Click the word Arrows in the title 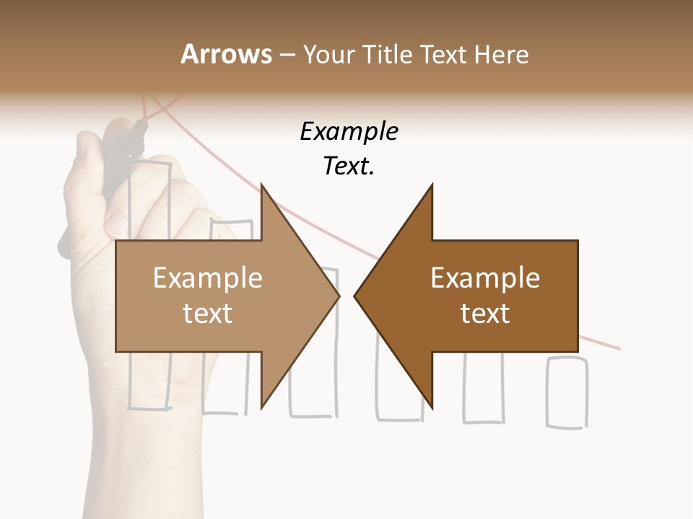(226, 54)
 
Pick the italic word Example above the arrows (349, 132)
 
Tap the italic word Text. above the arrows (349, 167)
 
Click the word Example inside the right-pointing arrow (208, 278)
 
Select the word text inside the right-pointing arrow (208, 314)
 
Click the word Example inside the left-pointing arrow (485, 278)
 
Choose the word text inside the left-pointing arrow (485, 314)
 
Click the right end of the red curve (617, 347)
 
